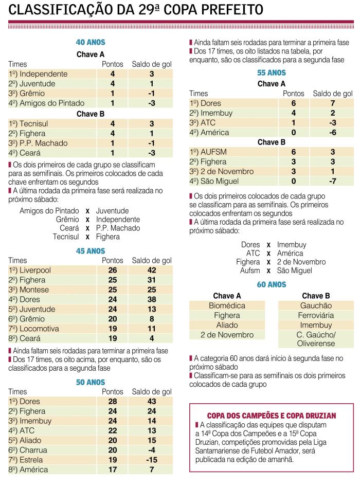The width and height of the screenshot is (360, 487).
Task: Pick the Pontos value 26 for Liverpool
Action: coord(112,270)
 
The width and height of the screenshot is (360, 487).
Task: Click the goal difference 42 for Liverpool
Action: coord(152,270)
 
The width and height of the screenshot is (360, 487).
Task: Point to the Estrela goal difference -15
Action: coord(152,460)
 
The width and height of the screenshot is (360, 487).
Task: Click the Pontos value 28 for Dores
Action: coord(112,401)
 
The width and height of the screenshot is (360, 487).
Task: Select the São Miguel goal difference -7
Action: coord(333,182)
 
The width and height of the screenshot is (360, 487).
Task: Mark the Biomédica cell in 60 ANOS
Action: coord(227,305)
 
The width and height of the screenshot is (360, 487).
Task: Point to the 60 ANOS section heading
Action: coord(272,284)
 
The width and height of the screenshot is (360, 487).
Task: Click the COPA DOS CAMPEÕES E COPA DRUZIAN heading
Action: coord(272,415)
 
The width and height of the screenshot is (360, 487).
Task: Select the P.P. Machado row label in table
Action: coord(35,143)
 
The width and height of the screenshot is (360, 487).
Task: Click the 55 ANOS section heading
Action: coord(272,73)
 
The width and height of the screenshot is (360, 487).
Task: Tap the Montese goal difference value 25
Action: coord(152,290)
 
